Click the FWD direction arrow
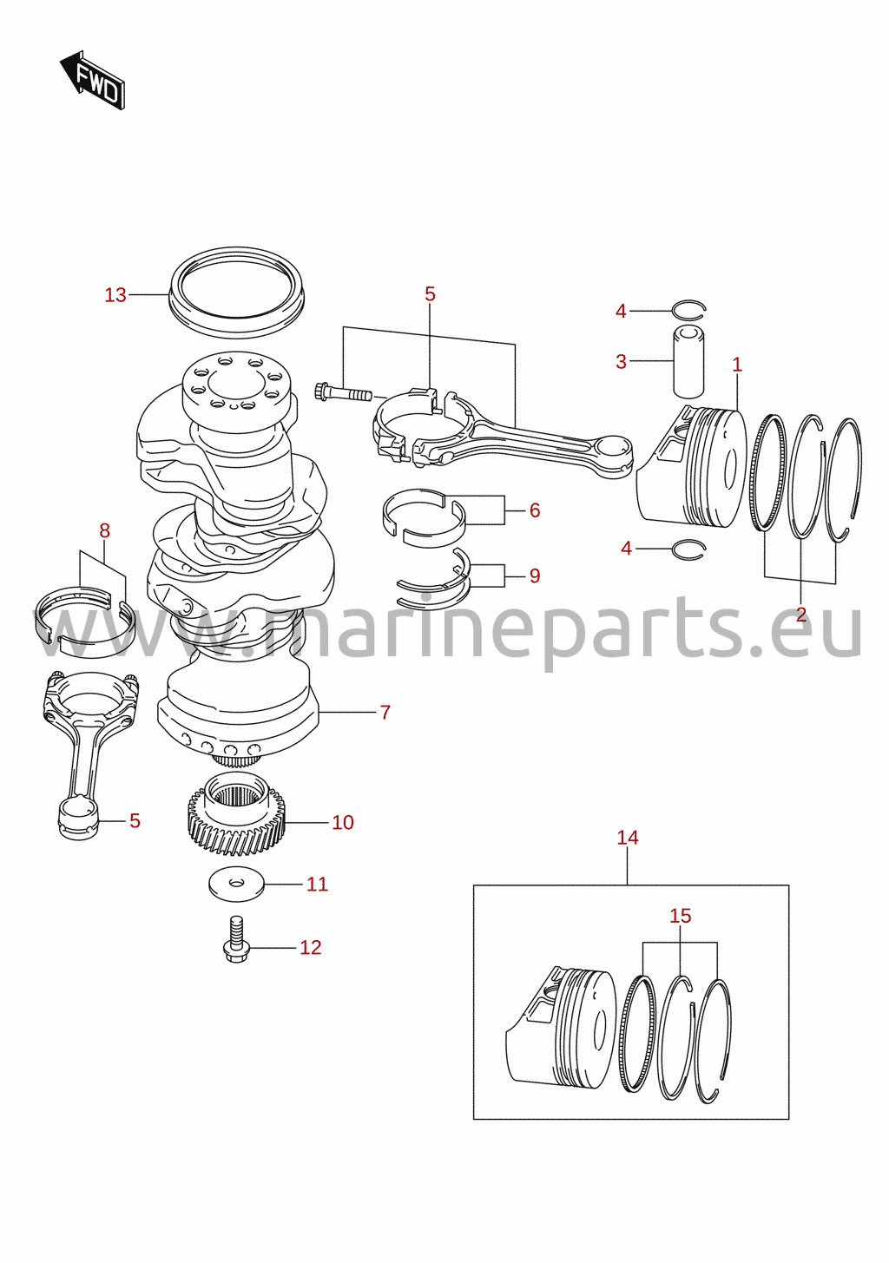(x=93, y=80)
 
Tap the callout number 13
(x=115, y=295)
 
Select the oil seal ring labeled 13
(x=237, y=293)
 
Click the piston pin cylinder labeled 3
(x=688, y=361)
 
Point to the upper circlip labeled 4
(x=688, y=308)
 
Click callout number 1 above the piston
(x=737, y=365)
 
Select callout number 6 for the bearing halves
(x=534, y=510)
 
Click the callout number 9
(x=534, y=576)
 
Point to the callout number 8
(x=104, y=530)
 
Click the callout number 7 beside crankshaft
(x=385, y=712)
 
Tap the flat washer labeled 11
(x=237, y=885)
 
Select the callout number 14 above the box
(x=628, y=838)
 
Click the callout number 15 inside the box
(x=681, y=916)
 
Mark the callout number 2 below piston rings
(x=801, y=614)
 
